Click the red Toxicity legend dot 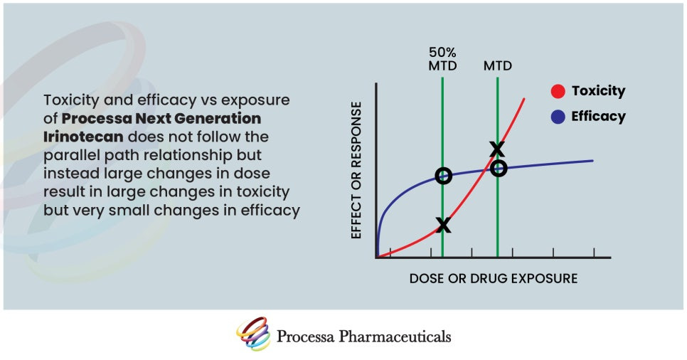558,91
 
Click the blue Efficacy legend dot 558,117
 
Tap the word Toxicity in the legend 598,91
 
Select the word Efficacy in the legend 598,117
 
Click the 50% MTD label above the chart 442,59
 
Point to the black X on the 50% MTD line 443,225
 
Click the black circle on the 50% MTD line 443,176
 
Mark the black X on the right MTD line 497,149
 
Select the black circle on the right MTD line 499,169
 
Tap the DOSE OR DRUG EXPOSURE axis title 493,278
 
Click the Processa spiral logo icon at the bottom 253,334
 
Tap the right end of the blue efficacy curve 592,161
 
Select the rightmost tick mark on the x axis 594,255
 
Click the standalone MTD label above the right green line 498,66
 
